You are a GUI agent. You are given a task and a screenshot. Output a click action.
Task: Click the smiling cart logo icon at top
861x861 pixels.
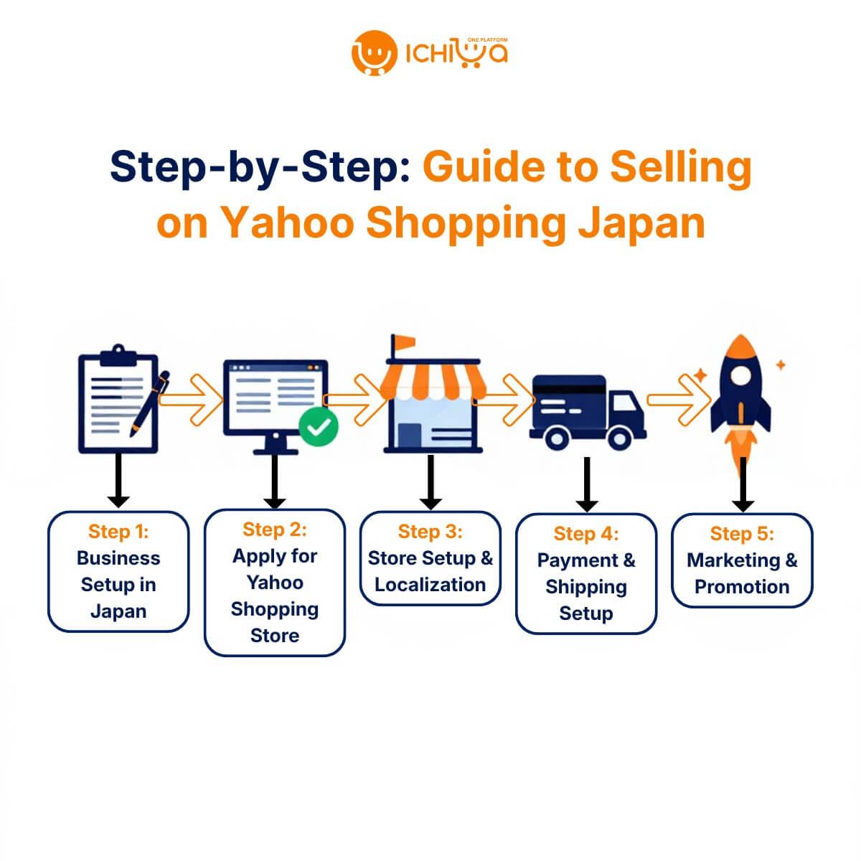pyautogui.click(x=374, y=52)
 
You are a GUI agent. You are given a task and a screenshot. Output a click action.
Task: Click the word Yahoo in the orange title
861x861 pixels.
pyautogui.click(x=288, y=222)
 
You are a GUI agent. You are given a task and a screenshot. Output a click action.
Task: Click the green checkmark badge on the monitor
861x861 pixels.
pyautogui.click(x=318, y=426)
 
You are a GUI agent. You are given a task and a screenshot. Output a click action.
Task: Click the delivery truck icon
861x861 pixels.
pyautogui.click(x=588, y=412)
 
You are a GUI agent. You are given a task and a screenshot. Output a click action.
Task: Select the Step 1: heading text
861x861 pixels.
pyautogui.click(x=118, y=532)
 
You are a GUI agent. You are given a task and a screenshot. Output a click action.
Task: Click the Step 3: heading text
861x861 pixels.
pyautogui.click(x=430, y=532)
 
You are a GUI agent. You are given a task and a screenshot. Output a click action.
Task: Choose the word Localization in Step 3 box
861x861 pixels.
pyautogui.click(x=430, y=585)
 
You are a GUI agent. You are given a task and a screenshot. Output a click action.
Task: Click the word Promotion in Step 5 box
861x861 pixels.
pyautogui.click(x=742, y=587)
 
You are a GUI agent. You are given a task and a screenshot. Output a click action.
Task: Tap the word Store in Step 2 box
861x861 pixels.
pyautogui.click(x=275, y=636)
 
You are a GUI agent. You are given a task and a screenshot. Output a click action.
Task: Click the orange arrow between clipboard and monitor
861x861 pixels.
pyautogui.click(x=191, y=400)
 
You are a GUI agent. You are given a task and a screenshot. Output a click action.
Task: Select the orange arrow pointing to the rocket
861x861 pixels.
pyautogui.click(x=679, y=400)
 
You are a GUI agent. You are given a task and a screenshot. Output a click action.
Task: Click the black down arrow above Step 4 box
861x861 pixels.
pyautogui.click(x=587, y=484)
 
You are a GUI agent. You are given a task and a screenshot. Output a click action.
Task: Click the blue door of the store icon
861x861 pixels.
pyautogui.click(x=410, y=435)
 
